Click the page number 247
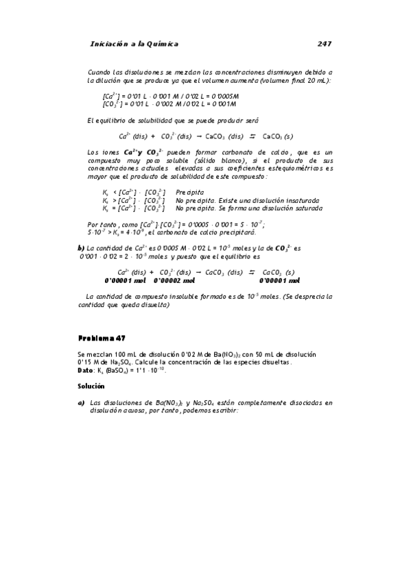coord(325,44)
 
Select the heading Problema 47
coord(102,338)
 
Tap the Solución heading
coord(93,386)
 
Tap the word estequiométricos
coord(296,167)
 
